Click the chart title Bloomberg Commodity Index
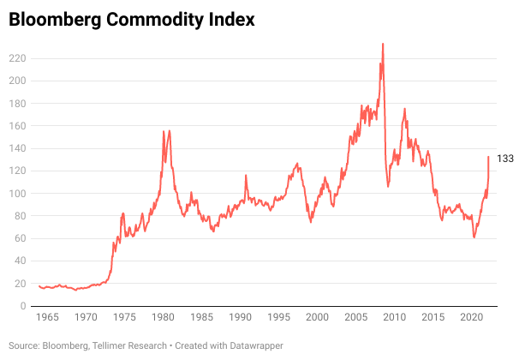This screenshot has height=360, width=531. coord(132,20)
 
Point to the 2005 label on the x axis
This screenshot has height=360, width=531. coord(356,318)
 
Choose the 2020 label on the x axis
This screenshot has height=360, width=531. coord(472,318)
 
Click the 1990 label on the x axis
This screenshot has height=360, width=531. coord(241,318)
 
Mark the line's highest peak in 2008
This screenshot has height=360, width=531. coord(383,44)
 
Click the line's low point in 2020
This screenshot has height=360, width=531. coord(474,237)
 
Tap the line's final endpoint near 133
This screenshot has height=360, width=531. coord(489,157)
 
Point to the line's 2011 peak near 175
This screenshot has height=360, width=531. coord(404,109)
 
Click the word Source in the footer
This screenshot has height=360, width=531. coord(23,345)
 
